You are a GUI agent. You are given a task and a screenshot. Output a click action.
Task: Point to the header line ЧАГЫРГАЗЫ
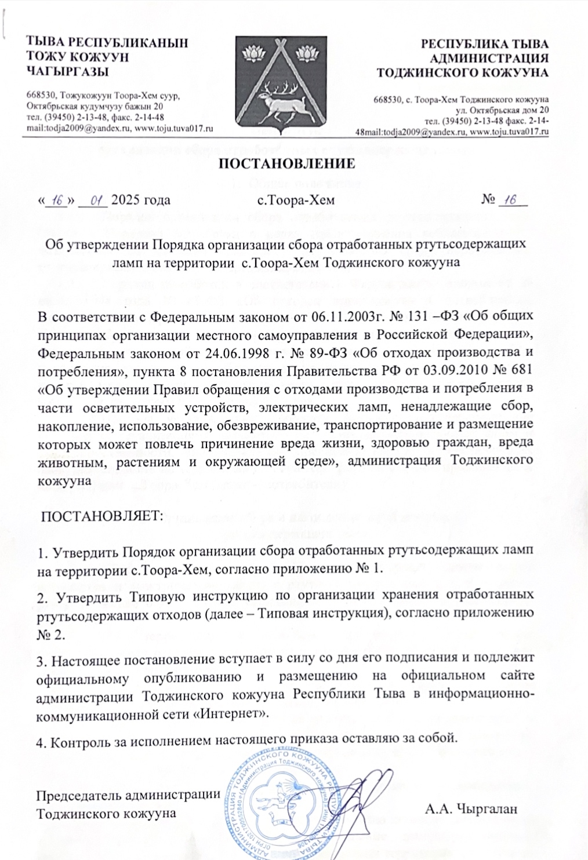68,71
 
